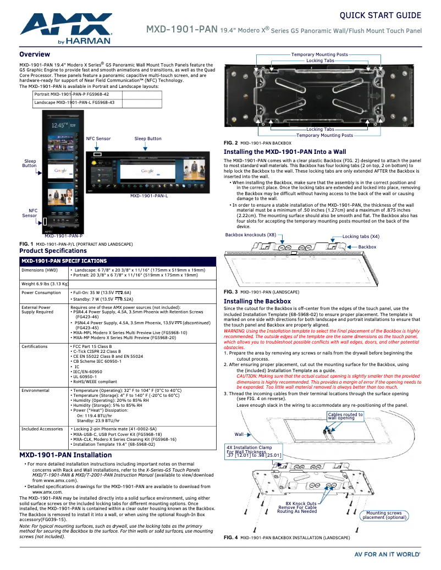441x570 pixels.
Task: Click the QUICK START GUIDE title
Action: click(381, 15)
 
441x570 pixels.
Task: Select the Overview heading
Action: click(35, 54)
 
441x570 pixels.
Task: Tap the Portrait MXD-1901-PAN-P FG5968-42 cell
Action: click(71, 95)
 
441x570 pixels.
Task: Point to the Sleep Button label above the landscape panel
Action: click(148, 139)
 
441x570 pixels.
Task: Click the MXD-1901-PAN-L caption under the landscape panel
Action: click(149, 196)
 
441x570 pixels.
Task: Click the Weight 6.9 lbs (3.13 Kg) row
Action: click(45, 284)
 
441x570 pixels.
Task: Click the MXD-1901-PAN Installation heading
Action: click(65, 455)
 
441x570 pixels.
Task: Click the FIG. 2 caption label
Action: click(231, 142)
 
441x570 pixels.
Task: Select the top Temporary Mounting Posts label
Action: click(319, 54)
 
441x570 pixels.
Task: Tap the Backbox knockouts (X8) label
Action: click(251, 235)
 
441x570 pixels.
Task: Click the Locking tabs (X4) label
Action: click(361, 236)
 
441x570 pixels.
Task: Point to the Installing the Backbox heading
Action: click(257, 301)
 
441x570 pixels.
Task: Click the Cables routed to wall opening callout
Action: click(345, 416)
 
